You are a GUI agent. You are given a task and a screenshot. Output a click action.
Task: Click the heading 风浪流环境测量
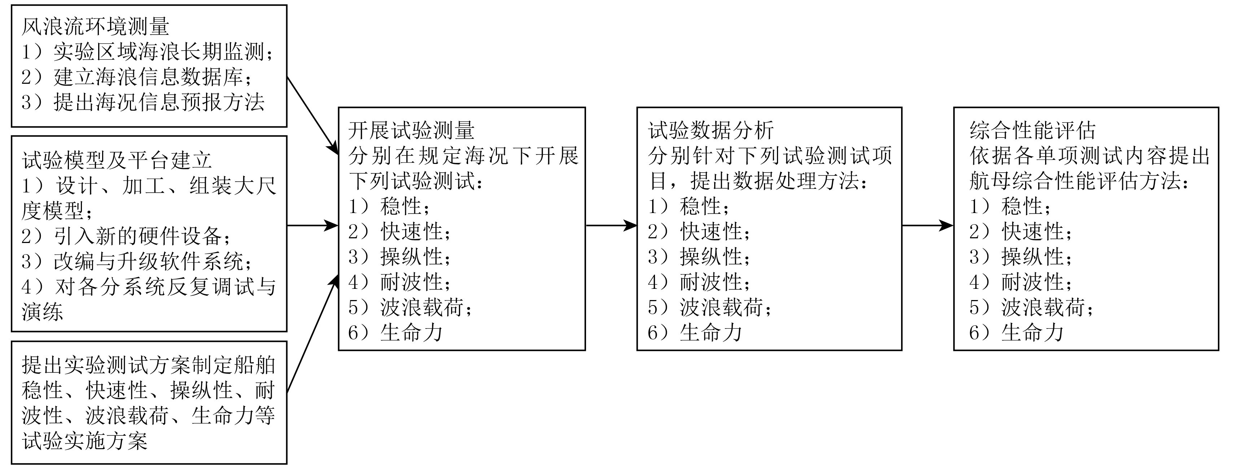(x=95, y=27)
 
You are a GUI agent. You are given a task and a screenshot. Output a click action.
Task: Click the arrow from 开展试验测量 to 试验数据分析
(x=611, y=225)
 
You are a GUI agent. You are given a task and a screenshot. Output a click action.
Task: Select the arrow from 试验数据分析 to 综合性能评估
(x=927, y=225)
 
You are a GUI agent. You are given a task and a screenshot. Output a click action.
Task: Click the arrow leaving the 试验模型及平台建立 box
(x=313, y=225)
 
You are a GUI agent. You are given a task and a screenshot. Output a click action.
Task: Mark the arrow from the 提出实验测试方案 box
(x=311, y=336)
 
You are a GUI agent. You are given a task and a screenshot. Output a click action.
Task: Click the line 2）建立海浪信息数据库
(x=137, y=77)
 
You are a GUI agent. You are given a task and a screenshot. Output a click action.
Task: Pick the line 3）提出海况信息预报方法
(x=143, y=102)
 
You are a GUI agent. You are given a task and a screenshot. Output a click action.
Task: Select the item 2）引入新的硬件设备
(x=126, y=236)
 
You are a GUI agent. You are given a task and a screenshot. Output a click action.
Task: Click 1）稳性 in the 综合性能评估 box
(x=1009, y=207)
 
